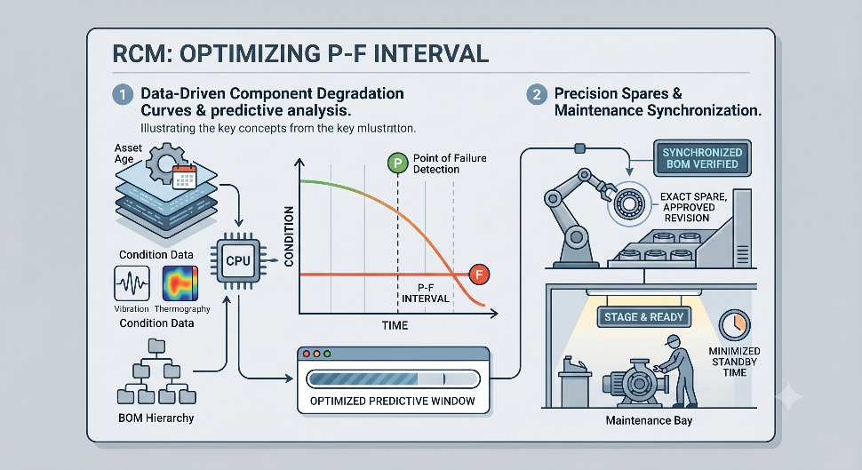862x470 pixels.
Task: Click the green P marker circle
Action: [x=397, y=163]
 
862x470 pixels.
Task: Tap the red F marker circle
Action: [x=479, y=275]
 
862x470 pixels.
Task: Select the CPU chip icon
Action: [x=238, y=260]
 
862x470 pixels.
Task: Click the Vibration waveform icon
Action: [x=132, y=284]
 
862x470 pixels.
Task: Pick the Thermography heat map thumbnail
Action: [x=180, y=284]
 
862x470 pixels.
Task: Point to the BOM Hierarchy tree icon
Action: [x=156, y=371]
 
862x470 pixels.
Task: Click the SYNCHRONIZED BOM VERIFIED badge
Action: [x=702, y=158]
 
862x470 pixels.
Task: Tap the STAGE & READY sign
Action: [x=643, y=316]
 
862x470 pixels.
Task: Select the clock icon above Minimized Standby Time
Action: [x=734, y=325]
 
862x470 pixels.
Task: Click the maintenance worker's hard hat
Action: [x=673, y=340]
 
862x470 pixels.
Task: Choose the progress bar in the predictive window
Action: [x=393, y=378]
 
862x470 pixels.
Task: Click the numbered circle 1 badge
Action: [x=124, y=94]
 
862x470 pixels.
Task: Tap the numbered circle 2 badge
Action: [x=537, y=94]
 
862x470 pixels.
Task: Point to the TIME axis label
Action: [x=395, y=325]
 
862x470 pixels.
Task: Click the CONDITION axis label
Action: [x=289, y=236]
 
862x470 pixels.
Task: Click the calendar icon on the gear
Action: [x=184, y=177]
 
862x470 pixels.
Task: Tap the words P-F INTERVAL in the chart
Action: [x=426, y=293]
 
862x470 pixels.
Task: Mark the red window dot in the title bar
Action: [x=307, y=354]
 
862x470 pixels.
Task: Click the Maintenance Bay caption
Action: [x=649, y=420]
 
